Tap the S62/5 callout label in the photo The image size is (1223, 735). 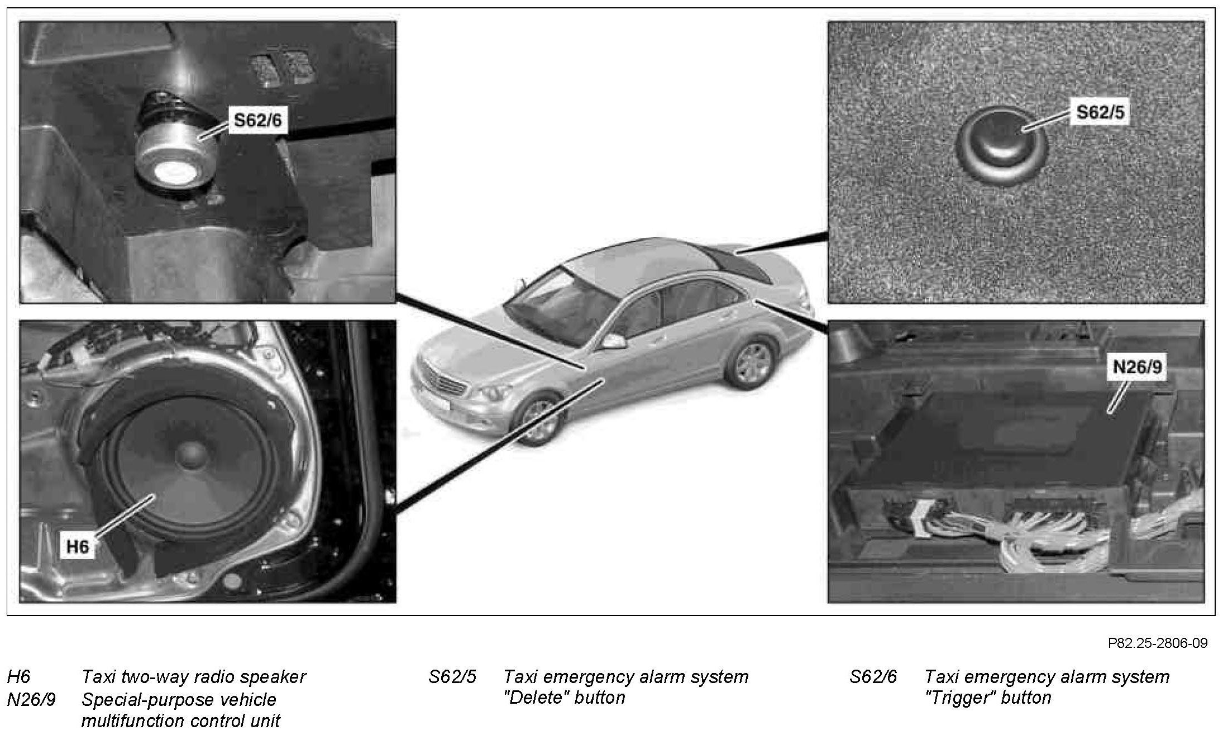tap(1100, 113)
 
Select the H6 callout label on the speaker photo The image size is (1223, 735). tap(78, 546)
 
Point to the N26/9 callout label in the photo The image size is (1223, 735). tap(1137, 367)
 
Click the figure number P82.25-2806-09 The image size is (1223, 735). tap(1158, 643)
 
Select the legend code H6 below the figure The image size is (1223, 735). tap(18, 677)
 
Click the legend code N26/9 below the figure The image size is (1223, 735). tap(31, 699)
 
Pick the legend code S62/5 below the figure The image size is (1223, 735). tap(452, 677)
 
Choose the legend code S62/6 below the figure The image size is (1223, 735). tap(873, 677)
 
